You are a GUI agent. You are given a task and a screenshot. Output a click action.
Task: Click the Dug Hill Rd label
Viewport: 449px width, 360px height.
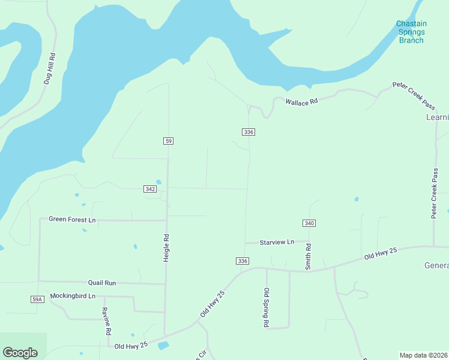pyautogui.click(x=52, y=68)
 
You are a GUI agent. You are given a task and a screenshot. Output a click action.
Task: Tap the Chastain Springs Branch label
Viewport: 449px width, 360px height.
pyautogui.click(x=411, y=32)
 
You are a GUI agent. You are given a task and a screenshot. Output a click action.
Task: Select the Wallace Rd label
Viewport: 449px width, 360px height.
pyautogui.click(x=301, y=102)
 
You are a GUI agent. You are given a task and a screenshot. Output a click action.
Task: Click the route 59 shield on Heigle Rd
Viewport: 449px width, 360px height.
pyautogui.click(x=168, y=140)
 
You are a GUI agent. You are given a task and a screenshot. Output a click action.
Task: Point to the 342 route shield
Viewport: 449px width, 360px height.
pyautogui.click(x=151, y=189)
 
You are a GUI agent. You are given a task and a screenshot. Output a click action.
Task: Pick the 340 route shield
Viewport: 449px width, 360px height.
pyautogui.click(x=309, y=223)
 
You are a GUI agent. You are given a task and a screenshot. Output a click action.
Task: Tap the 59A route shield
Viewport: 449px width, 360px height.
pyautogui.click(x=37, y=299)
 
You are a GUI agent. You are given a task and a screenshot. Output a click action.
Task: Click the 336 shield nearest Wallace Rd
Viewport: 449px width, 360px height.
pyautogui.click(x=249, y=131)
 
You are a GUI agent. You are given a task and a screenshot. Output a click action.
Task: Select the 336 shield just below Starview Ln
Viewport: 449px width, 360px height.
pyautogui.click(x=242, y=261)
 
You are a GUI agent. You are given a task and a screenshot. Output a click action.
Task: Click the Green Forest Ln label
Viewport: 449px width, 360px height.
pyautogui.click(x=72, y=220)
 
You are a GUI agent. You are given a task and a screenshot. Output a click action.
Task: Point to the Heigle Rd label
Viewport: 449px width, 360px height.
pyautogui.click(x=166, y=247)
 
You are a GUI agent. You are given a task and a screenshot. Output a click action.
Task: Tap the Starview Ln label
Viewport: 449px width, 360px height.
pyautogui.click(x=277, y=242)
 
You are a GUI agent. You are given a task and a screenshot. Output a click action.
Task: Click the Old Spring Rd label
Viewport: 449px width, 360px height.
pyautogui.click(x=266, y=307)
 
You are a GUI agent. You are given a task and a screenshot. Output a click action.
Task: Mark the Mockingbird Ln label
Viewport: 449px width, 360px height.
pyautogui.click(x=73, y=296)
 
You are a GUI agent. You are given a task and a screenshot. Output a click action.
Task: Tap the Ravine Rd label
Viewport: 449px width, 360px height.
pyautogui.click(x=106, y=321)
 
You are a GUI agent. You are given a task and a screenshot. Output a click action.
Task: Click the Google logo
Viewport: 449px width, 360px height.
pyautogui.click(x=20, y=353)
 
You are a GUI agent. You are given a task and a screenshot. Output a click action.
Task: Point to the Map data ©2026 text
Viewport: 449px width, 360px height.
pyautogui.click(x=424, y=355)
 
